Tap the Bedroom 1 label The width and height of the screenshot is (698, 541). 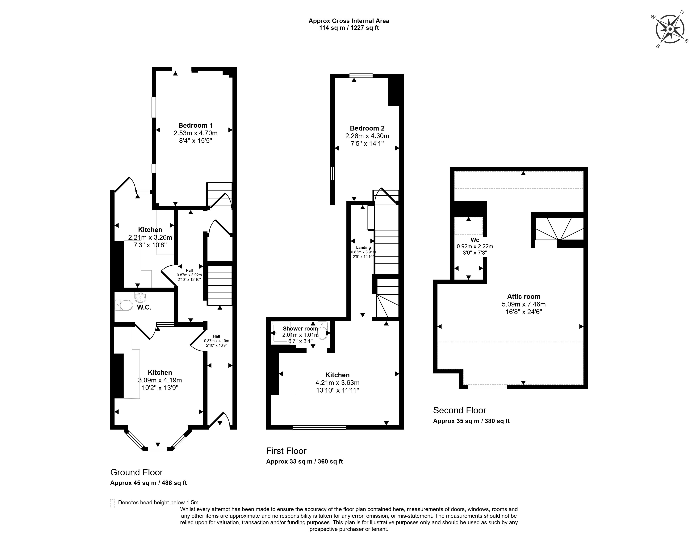point(195,125)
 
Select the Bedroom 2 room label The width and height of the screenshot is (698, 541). point(367,128)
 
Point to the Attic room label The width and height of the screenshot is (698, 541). point(524,297)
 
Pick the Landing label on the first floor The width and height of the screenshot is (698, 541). point(363,247)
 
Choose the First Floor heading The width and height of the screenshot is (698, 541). point(286,451)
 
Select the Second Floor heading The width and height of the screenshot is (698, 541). point(460,410)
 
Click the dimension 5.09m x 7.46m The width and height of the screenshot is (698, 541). point(524,304)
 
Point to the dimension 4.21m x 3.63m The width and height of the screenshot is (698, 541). point(337,382)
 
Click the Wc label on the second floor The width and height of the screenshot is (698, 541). point(475,240)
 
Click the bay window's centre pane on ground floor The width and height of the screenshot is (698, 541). point(158,449)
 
